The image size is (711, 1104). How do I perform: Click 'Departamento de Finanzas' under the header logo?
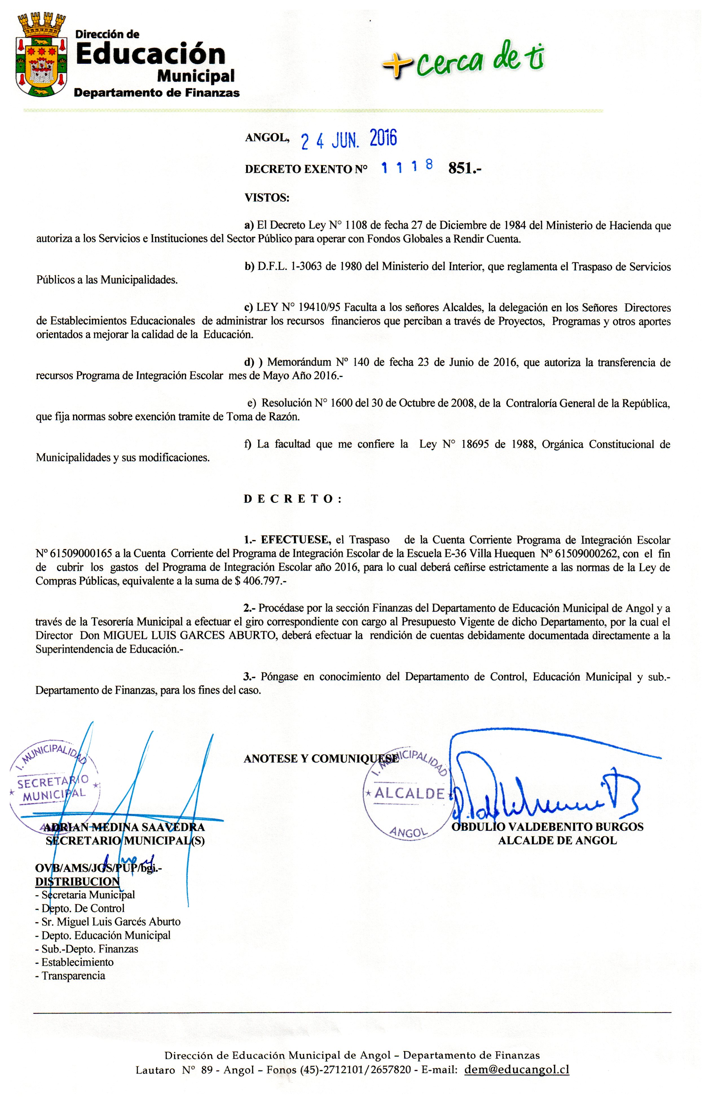(157, 93)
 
